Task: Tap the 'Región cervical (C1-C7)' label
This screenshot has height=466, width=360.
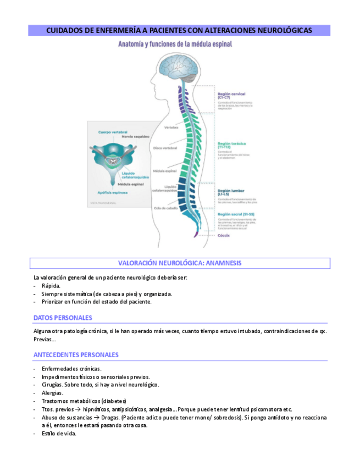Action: [231, 96]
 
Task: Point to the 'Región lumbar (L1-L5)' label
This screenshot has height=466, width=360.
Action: [231, 192]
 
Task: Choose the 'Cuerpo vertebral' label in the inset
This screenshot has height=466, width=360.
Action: [113, 132]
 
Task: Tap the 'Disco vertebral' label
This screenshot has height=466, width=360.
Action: [165, 148]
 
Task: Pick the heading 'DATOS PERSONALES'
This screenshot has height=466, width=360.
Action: [63, 318]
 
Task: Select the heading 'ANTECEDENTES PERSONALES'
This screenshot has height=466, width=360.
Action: [76, 355]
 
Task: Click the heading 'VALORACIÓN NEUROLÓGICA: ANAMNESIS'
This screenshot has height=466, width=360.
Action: [180, 263]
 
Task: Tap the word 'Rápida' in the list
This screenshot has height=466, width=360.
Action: [51, 286]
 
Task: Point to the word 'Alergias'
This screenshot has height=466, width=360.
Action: [52, 393]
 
